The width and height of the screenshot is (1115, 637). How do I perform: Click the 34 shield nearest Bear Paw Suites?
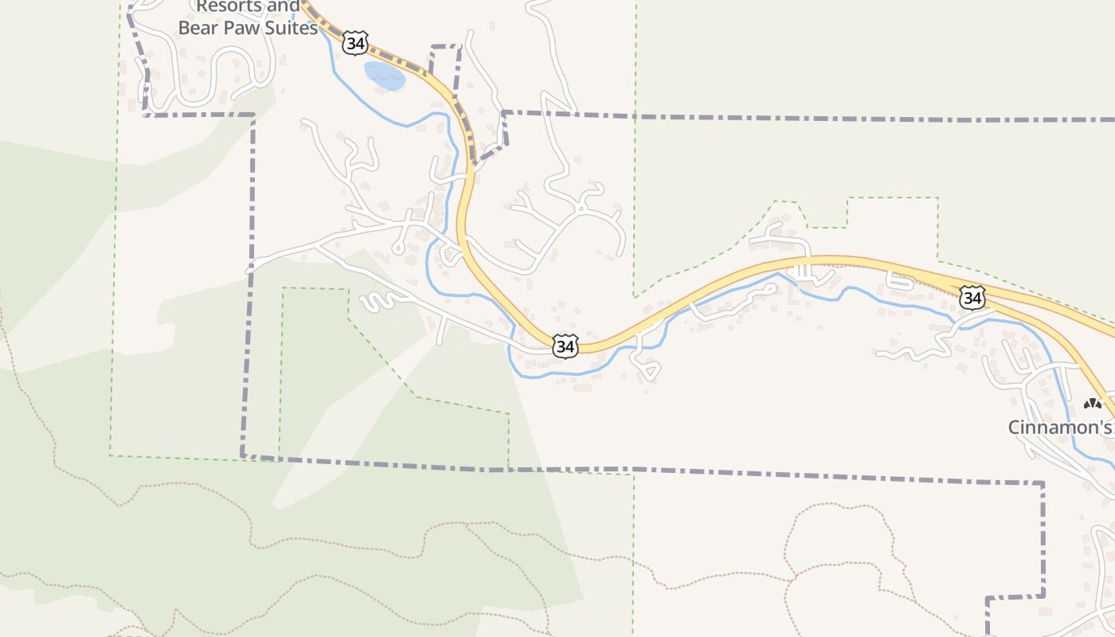(x=355, y=42)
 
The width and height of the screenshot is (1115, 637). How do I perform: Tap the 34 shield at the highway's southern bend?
(x=565, y=346)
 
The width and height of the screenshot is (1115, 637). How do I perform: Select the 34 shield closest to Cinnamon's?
(x=972, y=298)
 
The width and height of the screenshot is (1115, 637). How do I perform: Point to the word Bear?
(x=199, y=28)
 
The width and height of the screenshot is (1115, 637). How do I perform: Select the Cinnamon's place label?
(x=1059, y=427)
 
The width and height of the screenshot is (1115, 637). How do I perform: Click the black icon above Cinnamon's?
(x=1092, y=404)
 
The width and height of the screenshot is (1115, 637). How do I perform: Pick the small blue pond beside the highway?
(x=384, y=76)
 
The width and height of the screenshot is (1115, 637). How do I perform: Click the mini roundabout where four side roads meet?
(x=581, y=209)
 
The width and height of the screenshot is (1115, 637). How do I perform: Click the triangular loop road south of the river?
(x=647, y=367)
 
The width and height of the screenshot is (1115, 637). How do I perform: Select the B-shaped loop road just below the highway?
(x=901, y=280)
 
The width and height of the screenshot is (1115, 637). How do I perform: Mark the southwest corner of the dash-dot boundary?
(x=242, y=456)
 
